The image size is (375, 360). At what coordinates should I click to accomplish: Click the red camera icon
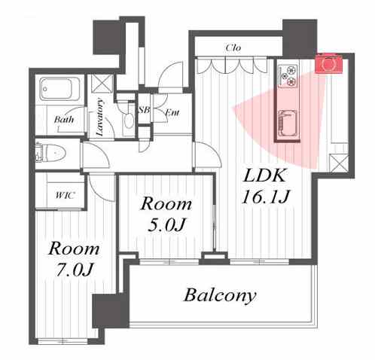tap(328, 63)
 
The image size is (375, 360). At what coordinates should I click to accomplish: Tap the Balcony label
tap(220, 295)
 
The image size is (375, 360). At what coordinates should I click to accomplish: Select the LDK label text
tap(264, 175)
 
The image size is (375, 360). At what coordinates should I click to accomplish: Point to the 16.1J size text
tap(266, 197)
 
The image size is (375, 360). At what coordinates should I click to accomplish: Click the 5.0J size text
tap(166, 225)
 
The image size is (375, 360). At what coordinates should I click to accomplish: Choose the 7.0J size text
tap(75, 270)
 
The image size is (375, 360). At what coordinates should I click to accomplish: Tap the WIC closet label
tap(65, 195)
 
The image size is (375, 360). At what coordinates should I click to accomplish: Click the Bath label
tap(64, 119)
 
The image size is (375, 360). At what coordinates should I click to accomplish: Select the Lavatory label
tap(100, 117)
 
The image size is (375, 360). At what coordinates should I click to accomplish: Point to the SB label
tap(145, 110)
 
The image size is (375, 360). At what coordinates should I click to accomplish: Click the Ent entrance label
tap(172, 112)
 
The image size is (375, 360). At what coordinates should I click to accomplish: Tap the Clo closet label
tap(233, 47)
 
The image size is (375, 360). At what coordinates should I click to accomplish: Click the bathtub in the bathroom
tap(59, 89)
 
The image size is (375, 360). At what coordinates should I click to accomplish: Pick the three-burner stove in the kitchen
tap(288, 75)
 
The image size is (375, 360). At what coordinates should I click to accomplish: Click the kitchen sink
tap(288, 123)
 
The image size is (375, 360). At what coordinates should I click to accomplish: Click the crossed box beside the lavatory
tap(102, 84)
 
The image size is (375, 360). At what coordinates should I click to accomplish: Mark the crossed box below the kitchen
tap(339, 163)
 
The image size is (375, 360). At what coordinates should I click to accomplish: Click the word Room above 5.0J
tap(166, 203)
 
